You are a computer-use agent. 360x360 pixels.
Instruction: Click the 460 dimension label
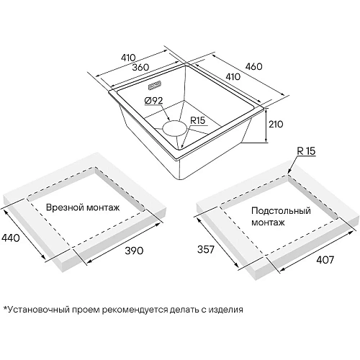253,66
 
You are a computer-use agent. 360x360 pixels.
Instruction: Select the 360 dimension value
140,67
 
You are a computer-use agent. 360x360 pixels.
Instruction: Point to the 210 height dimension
276,124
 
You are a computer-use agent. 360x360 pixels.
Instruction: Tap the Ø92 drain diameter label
154,101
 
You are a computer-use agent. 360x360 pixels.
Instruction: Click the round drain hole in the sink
174,128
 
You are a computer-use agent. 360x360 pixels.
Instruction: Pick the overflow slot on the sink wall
155,86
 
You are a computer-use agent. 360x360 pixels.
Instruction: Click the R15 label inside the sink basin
198,120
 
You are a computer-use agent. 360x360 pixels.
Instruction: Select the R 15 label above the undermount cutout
306,151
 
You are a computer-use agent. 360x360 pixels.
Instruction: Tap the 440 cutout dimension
11,238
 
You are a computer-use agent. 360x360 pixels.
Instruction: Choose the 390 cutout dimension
134,251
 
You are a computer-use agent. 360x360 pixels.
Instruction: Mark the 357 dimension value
206,250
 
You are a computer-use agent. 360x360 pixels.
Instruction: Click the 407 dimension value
325,260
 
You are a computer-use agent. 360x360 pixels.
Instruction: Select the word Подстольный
281,211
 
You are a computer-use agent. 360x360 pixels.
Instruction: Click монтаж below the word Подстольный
268,222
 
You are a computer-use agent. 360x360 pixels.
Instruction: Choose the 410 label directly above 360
128,58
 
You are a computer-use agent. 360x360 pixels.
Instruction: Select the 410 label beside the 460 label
233,76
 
